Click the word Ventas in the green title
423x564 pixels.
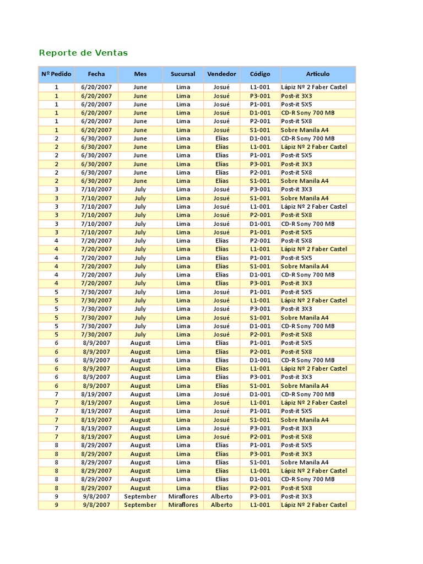[112, 53]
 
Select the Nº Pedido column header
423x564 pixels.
[56, 74]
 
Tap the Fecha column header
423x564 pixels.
[96, 74]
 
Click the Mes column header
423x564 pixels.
[140, 74]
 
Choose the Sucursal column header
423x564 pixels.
[183, 74]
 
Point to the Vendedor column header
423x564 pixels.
[221, 74]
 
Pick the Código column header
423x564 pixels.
[260, 74]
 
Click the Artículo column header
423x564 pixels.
[318, 74]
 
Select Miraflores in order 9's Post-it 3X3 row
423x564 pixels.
[183, 496]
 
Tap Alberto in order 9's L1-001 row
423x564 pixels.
[221, 505]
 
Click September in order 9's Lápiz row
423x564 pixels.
[140, 505]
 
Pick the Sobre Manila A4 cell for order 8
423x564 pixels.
[305, 463]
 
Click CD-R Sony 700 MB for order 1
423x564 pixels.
[308, 112]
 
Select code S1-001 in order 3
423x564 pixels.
[260, 198]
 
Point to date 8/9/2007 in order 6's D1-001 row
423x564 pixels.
[96, 360]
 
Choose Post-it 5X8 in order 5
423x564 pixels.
[296, 334]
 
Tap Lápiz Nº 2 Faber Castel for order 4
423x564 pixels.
[314, 249]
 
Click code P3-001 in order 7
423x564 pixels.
[260, 428]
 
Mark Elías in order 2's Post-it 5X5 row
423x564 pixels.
[221, 155]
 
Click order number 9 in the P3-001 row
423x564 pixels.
[56, 496]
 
